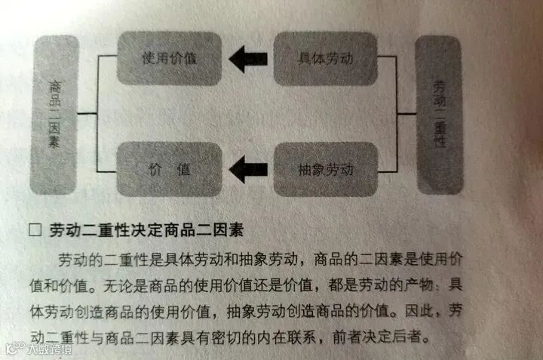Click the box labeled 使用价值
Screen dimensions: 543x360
pyautogui.click(x=170, y=57)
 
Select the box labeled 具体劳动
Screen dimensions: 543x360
pyautogui.click(x=324, y=58)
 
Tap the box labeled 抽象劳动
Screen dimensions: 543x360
pyautogui.click(x=325, y=170)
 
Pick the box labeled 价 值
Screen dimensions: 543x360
pyautogui.click(x=170, y=170)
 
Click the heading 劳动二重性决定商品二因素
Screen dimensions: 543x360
pyautogui.click(x=148, y=229)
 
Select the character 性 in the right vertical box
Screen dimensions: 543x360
pyautogui.click(x=440, y=148)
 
